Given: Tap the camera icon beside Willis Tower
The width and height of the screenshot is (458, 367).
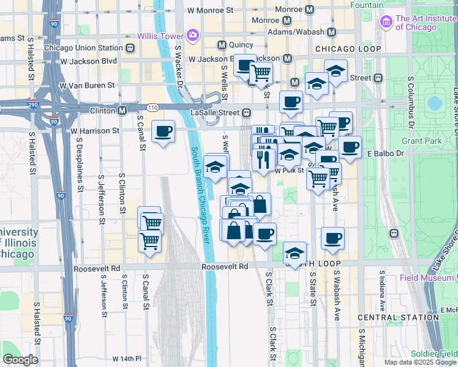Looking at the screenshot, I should click(x=193, y=35).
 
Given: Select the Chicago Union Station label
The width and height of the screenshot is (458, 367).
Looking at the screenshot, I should click(x=84, y=48).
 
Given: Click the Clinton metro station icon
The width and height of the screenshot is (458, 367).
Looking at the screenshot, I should click(x=122, y=111).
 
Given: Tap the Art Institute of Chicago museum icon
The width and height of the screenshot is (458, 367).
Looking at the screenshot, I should click(x=386, y=23).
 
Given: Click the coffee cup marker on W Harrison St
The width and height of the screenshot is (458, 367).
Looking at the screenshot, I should click(x=163, y=132).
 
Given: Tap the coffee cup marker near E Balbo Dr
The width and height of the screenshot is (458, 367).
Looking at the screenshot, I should click(x=350, y=147).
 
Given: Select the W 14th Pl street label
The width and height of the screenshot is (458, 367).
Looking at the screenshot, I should click(x=127, y=358).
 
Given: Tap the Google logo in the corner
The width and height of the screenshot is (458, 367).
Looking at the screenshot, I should click(x=20, y=359).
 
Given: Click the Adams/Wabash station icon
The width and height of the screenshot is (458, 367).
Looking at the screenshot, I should click(x=332, y=32).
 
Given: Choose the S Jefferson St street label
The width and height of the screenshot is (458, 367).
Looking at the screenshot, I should click(x=102, y=196).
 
